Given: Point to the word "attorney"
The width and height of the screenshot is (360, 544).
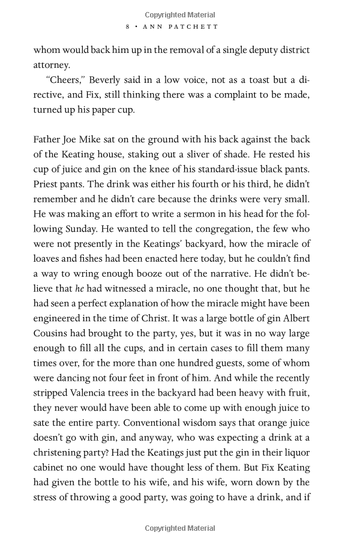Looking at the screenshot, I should pyautogui.click(x=53, y=65).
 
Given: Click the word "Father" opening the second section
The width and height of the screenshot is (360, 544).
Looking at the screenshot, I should pyautogui.click(x=49, y=140).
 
